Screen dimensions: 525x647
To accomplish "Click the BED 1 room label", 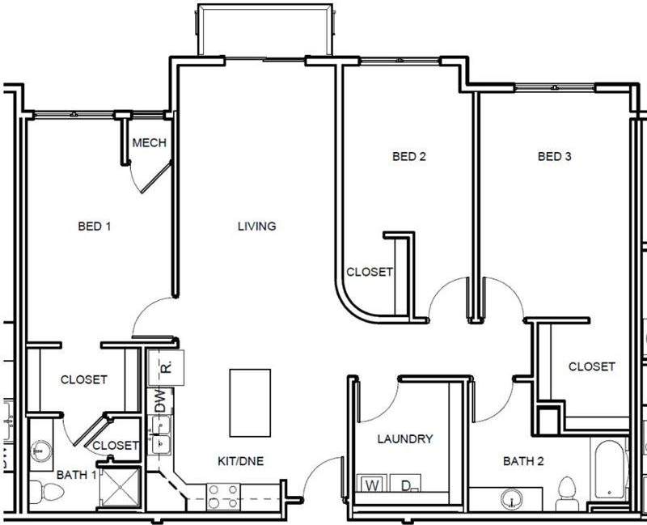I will click(94, 227).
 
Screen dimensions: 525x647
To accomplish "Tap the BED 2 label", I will click(408, 157).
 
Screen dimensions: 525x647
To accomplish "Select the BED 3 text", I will click(555, 157).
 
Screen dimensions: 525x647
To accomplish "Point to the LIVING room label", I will click(256, 227).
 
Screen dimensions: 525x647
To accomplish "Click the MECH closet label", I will click(149, 143).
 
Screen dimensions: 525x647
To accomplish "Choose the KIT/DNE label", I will click(240, 462).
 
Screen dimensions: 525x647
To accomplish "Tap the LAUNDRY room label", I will click(405, 439).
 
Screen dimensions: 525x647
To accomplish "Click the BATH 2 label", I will click(523, 462).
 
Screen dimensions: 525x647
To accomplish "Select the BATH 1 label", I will click(77, 474).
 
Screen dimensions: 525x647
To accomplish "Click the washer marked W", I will click(372, 485).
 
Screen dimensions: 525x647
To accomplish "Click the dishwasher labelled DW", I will click(159, 400).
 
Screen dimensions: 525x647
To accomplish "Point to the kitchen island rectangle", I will click(250, 402).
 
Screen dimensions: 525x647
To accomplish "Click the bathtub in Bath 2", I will click(608, 470).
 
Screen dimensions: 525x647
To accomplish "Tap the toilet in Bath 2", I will click(567, 492).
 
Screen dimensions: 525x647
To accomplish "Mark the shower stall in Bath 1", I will click(120, 488).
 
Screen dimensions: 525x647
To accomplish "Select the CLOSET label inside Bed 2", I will click(370, 273).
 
